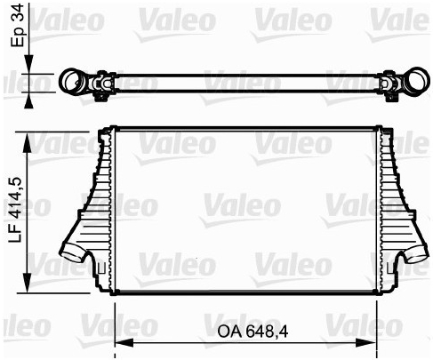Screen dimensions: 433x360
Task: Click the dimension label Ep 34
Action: pyautogui.click(x=17, y=25)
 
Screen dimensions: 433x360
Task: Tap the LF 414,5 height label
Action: pyautogui.click(x=15, y=210)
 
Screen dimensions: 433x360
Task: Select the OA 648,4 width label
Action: pyautogui.click(x=253, y=332)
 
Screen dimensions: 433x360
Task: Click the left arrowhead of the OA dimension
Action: pyautogui.click(x=124, y=343)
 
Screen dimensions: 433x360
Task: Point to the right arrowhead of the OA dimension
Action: pyautogui.click(x=367, y=343)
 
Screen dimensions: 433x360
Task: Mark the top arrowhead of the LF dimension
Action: pyautogui.click(x=28, y=141)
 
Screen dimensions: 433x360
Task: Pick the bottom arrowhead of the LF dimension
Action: pyautogui.click(x=28, y=284)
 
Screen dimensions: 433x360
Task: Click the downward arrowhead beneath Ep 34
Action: pyautogui.click(x=28, y=64)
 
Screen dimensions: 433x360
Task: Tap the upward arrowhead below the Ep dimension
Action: pyautogui.click(x=28, y=100)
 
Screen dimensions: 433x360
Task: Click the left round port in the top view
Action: pyautogui.click(x=73, y=81)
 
